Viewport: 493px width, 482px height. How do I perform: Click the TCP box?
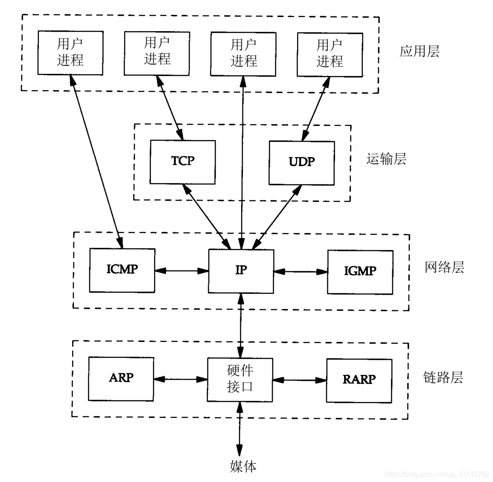click(182, 162)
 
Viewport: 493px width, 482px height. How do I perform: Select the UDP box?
click(301, 163)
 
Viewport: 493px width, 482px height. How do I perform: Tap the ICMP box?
click(122, 270)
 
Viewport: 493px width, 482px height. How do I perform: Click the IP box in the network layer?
click(241, 271)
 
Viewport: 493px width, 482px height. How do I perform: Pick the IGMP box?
click(360, 272)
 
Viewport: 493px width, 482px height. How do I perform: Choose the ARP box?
click(121, 379)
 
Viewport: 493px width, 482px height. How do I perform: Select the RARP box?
click(359, 380)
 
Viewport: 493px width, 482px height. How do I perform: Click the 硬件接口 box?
click(240, 379)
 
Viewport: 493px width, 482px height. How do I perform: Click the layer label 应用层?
click(419, 52)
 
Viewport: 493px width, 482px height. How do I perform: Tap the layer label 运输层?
click(386, 159)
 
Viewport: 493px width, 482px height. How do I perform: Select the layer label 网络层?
click(444, 268)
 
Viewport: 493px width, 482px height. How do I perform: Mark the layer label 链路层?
click(443, 377)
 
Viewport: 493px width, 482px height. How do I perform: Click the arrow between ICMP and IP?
click(181, 270)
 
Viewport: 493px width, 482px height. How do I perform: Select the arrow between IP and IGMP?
click(300, 272)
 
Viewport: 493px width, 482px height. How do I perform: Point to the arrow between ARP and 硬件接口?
click(180, 379)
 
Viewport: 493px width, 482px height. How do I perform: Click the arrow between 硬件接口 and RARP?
click(300, 380)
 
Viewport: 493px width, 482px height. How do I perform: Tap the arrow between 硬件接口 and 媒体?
click(239, 429)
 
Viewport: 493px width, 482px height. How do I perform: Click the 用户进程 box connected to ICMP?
click(70, 53)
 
